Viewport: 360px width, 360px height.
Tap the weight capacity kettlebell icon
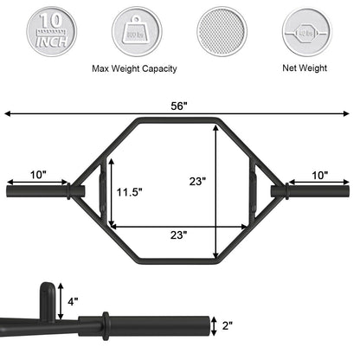coord(136,34)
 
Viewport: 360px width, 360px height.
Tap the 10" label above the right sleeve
coord(319,175)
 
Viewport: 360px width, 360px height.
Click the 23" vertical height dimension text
coord(198,182)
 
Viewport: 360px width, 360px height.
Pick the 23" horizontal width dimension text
coord(177,234)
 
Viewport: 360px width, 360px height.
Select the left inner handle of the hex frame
coord(105,189)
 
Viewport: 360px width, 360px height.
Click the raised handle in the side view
coord(48,299)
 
